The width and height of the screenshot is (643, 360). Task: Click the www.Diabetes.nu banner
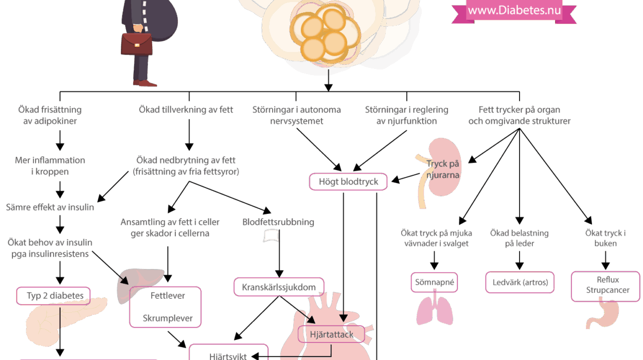(x=514, y=11)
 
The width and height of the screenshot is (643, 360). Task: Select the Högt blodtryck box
(x=348, y=182)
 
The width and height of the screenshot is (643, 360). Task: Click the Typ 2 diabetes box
(x=53, y=296)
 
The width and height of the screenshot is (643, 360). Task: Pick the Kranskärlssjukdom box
(x=279, y=287)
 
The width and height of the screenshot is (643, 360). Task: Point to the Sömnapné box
(x=435, y=282)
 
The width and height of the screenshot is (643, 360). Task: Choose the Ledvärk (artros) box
(x=520, y=282)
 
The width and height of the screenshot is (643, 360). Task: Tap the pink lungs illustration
(x=435, y=311)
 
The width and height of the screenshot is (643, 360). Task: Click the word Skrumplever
(x=168, y=318)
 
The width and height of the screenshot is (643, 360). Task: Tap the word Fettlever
(x=168, y=296)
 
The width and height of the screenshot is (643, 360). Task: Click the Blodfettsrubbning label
(x=278, y=223)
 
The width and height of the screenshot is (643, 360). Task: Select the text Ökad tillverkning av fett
(x=186, y=110)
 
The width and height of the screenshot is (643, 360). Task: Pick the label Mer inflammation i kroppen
(x=50, y=166)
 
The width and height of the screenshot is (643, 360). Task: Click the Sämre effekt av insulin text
(x=50, y=208)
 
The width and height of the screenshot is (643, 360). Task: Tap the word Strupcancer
(x=608, y=290)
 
